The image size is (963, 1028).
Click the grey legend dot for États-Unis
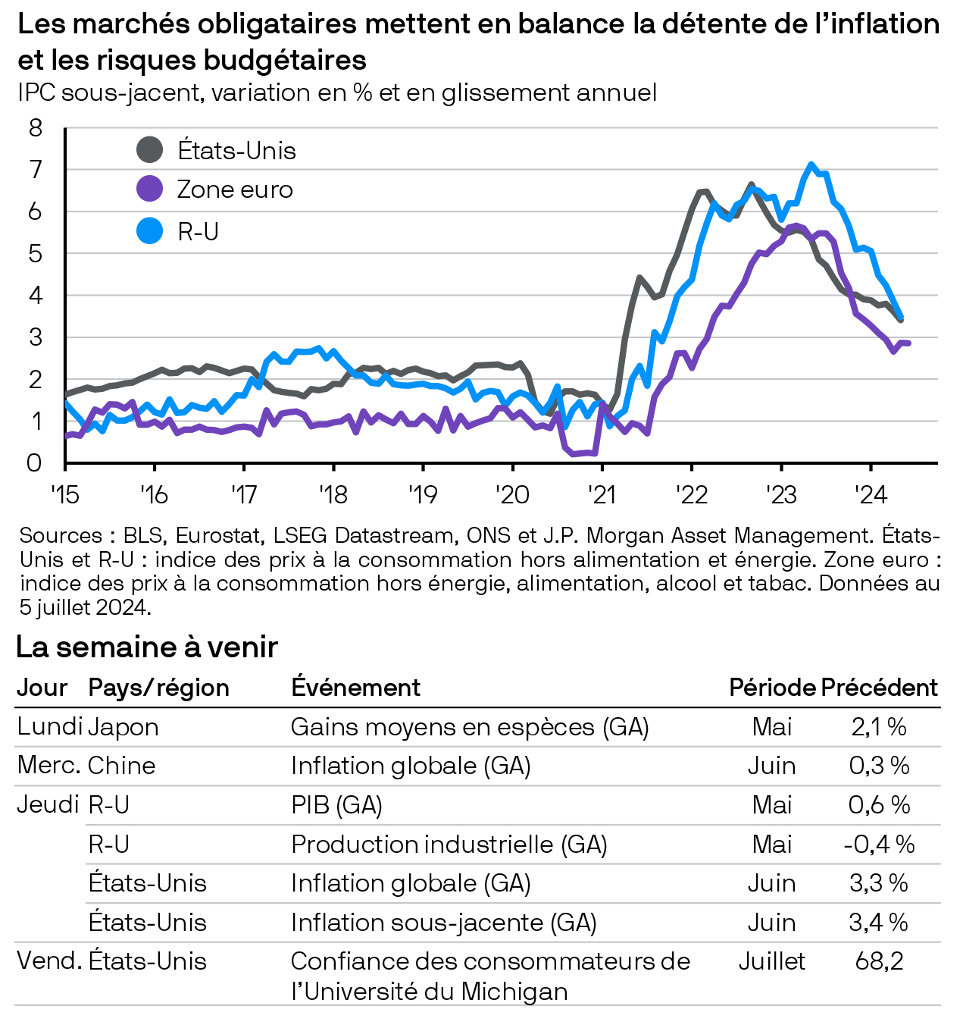[149, 150]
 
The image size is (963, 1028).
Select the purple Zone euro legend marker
[149, 189]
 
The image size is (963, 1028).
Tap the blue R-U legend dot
[149, 230]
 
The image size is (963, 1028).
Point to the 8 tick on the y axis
[36, 127]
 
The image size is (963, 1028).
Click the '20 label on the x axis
[512, 495]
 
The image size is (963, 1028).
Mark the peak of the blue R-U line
[811, 164]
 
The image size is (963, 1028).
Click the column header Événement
[355, 688]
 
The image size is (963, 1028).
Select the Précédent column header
[879, 688]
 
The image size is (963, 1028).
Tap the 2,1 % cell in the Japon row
[879, 727]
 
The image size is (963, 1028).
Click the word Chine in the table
[121, 766]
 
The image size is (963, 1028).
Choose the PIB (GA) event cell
[336, 805]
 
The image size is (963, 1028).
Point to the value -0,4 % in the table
[879, 845]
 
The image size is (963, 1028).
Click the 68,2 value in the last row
[879, 961]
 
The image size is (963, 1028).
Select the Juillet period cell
[771, 961]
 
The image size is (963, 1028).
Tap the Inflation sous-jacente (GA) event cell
[443, 923]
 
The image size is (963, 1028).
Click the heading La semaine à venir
[147, 647]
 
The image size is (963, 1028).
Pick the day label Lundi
[49, 727]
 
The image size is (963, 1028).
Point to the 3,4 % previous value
[879, 923]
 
